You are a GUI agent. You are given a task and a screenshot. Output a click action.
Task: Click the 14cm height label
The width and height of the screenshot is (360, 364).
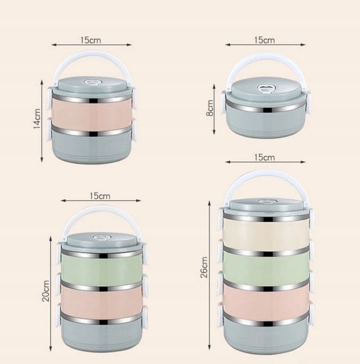tap(37, 118)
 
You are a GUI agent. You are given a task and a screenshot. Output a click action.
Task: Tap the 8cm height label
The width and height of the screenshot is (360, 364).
tap(210, 108)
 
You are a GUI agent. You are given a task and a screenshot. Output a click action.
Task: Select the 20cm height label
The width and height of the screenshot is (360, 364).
tap(46, 291)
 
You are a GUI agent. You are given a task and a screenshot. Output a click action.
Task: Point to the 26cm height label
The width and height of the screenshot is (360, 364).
tap(204, 267)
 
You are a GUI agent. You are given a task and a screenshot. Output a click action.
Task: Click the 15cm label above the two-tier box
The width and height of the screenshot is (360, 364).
tap(91, 40)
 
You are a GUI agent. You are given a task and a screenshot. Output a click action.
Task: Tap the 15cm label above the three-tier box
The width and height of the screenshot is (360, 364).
tap(100, 196)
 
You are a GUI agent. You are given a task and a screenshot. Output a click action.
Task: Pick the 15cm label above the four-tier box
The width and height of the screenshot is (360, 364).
tap(264, 157)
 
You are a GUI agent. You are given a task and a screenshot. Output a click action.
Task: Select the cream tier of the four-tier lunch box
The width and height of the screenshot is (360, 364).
tap(266, 233)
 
